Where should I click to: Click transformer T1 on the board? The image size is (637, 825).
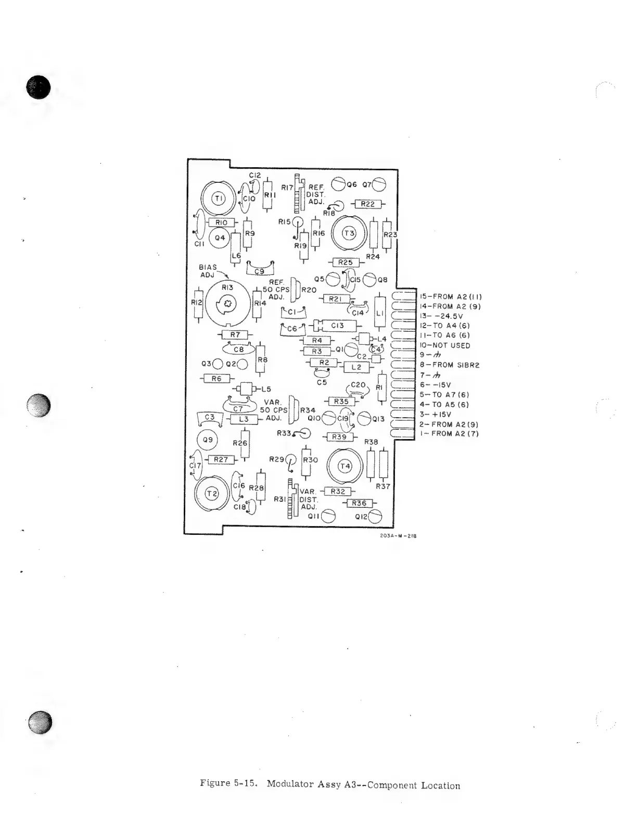219,198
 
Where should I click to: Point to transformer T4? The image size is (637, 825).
345,466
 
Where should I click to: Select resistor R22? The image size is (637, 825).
367,204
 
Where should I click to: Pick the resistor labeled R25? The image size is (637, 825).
345,262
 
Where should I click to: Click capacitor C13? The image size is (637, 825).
337,326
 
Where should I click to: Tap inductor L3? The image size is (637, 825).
244,419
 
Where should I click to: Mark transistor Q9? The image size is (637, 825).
208,440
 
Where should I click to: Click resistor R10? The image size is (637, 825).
221,222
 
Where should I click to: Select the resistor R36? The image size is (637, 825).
359,503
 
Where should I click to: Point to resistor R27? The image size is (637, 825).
221,459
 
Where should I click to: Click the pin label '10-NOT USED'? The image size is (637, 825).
445,345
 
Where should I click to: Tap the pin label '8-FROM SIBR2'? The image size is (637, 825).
450,365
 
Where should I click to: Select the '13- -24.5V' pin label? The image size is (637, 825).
441,316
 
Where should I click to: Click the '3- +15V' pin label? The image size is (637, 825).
436,415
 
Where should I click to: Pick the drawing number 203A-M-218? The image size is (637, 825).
399,536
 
